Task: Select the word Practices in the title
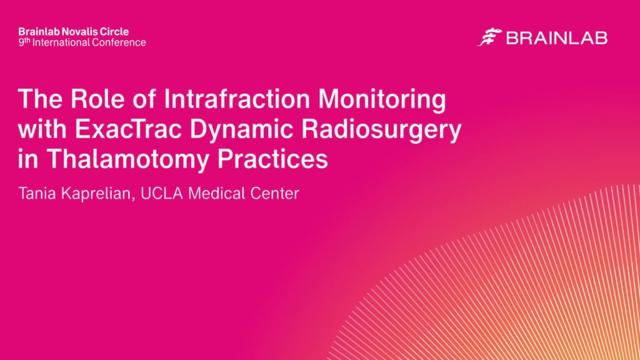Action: (272, 159)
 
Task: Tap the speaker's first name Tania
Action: (37, 194)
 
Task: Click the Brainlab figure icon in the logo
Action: (489, 37)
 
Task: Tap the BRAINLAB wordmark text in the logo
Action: (557, 38)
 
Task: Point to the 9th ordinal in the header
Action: (24, 42)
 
